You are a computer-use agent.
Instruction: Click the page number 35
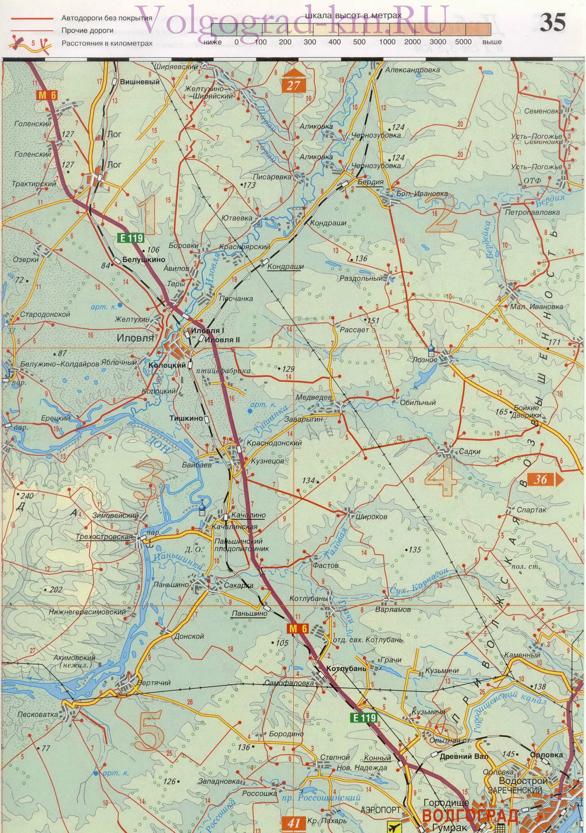click(553, 23)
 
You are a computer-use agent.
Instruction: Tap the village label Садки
click(469, 452)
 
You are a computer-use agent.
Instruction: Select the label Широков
click(372, 517)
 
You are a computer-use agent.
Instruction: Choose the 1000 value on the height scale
click(387, 42)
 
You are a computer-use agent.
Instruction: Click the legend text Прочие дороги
click(87, 30)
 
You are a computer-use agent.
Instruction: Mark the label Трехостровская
click(104, 537)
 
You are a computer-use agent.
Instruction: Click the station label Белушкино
click(144, 259)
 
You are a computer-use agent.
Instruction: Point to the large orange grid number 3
click(150, 480)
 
